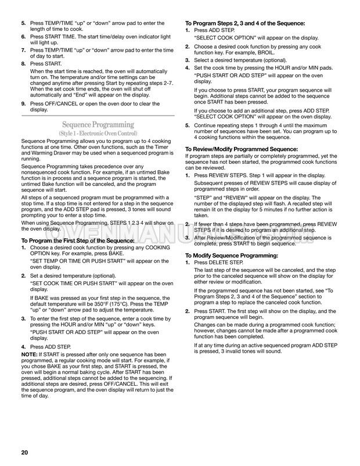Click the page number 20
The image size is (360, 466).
pyautogui.click(x=24, y=453)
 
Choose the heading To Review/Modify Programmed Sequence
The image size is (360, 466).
pyautogui.click(x=241, y=149)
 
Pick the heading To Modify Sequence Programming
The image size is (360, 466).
pyautogui.click(x=231, y=256)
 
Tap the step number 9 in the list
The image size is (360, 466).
pyautogui.click(x=23, y=103)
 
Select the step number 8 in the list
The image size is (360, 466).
pyautogui.click(x=23, y=63)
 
